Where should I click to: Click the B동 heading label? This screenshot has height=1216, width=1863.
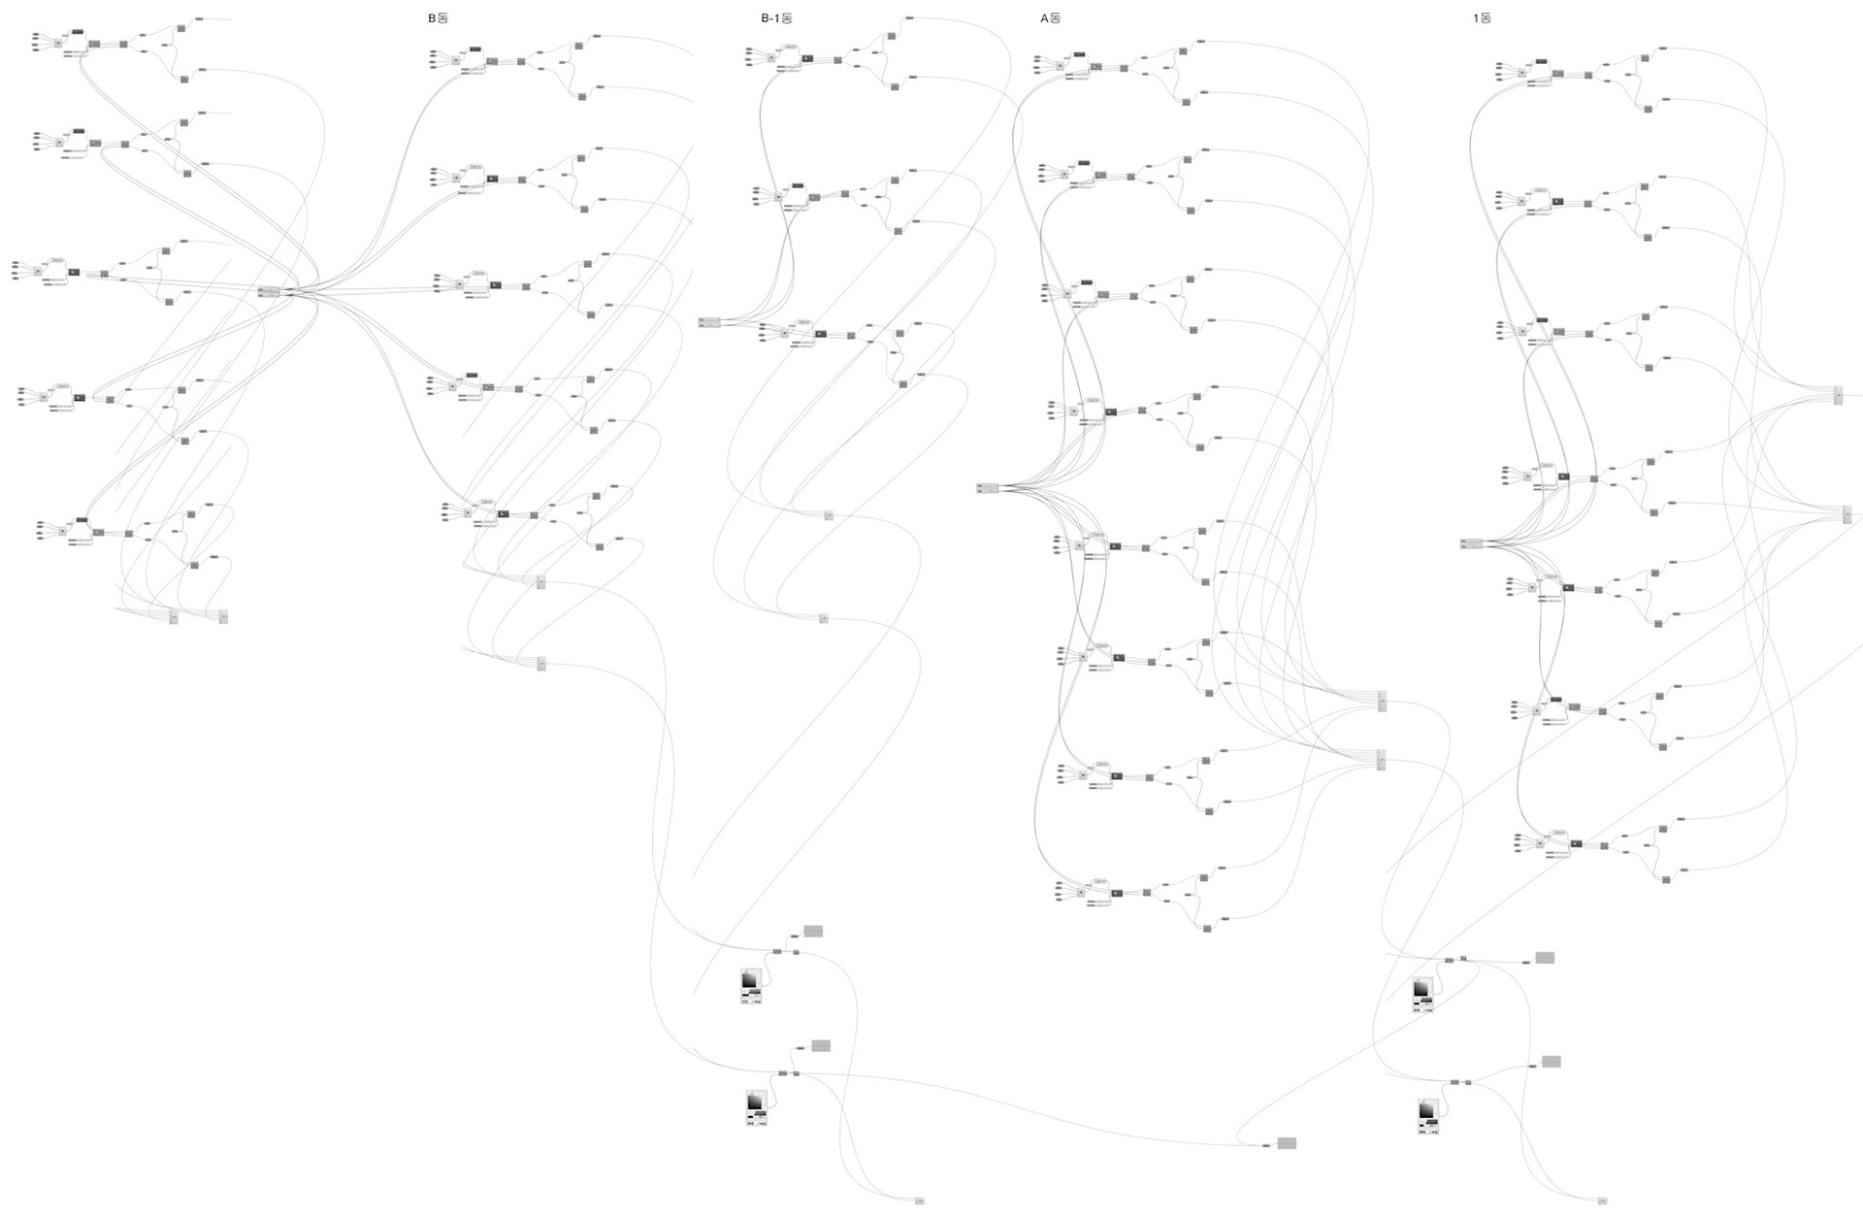(438, 17)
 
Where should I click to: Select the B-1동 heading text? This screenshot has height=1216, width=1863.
(776, 17)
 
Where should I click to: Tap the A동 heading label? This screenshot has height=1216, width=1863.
(1050, 17)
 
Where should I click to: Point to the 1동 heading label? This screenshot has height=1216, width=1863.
(1482, 17)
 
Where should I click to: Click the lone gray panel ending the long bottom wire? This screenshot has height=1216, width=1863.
(1287, 1143)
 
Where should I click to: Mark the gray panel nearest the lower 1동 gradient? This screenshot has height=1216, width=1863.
(1551, 1062)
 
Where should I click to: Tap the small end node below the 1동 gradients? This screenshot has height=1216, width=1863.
(1603, 1201)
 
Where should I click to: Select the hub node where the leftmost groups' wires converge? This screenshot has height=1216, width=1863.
(269, 291)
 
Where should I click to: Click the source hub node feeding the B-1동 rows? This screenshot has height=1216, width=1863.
(708, 322)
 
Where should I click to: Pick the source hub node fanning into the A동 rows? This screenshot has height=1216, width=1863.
(988, 487)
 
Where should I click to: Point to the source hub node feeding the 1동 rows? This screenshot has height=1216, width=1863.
(1471, 543)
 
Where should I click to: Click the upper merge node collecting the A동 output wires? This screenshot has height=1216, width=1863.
(1383, 701)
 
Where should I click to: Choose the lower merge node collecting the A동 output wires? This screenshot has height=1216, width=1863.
(1382, 759)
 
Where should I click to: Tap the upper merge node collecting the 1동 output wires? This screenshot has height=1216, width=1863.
(1838, 395)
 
